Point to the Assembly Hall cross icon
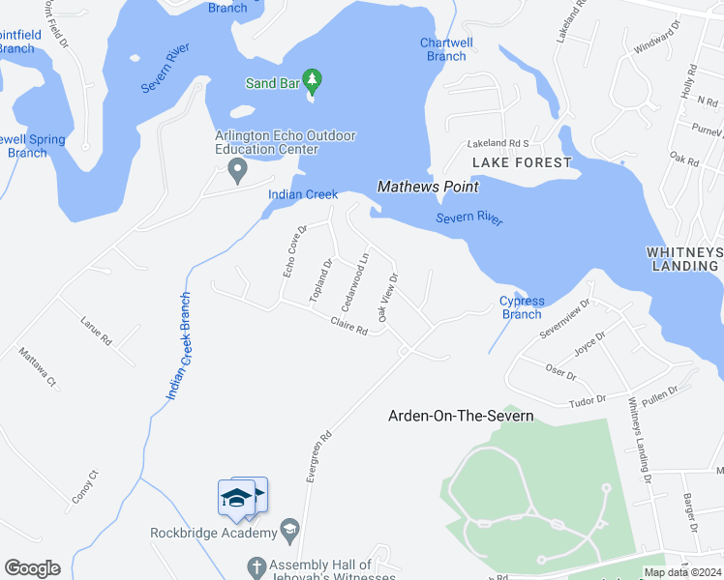[x=257, y=565]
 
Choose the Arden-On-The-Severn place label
[x=461, y=416]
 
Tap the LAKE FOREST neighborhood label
[x=522, y=162]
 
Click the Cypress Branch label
[x=521, y=307]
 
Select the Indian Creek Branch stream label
[x=178, y=345]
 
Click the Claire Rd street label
[x=348, y=327]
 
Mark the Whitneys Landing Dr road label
[x=639, y=441]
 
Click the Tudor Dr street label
[x=587, y=399]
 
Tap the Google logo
[x=32, y=568]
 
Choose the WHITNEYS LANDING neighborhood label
[x=684, y=258]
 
